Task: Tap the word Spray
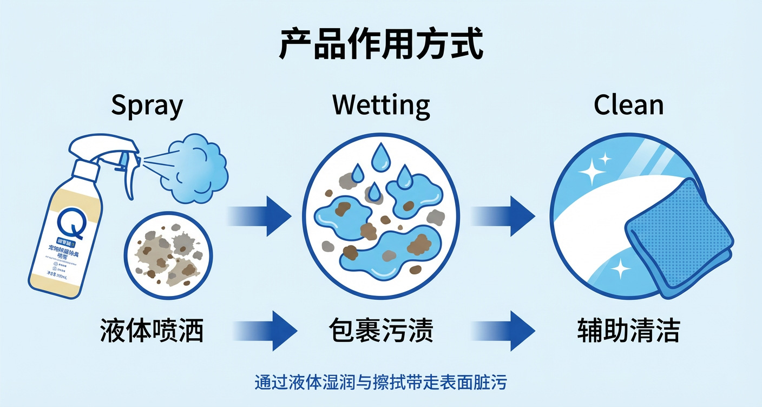[147, 106]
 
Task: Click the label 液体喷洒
[152, 330]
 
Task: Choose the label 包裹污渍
[381, 330]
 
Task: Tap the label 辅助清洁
[628, 330]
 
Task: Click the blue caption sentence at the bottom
[380, 383]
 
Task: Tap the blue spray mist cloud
[198, 168]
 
